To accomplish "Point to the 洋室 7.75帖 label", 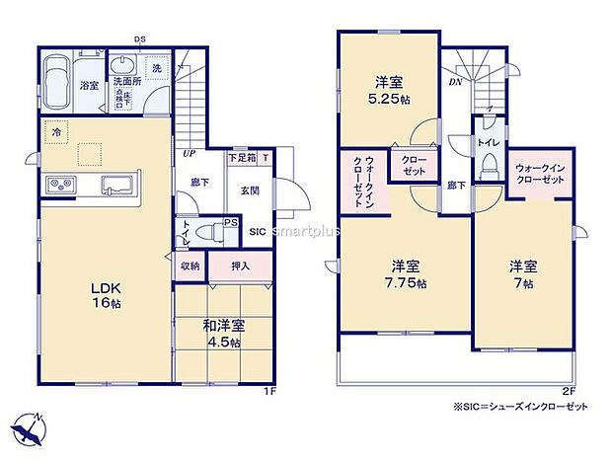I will pyautogui.click(x=407, y=273).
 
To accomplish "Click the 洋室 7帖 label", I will pyautogui.click(x=523, y=273).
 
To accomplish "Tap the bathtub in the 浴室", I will pyautogui.click(x=57, y=77).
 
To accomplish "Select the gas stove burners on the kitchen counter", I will pyautogui.click(x=59, y=185).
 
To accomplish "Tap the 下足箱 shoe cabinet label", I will pyautogui.click(x=242, y=156).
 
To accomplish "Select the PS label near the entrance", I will pyautogui.click(x=229, y=223).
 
